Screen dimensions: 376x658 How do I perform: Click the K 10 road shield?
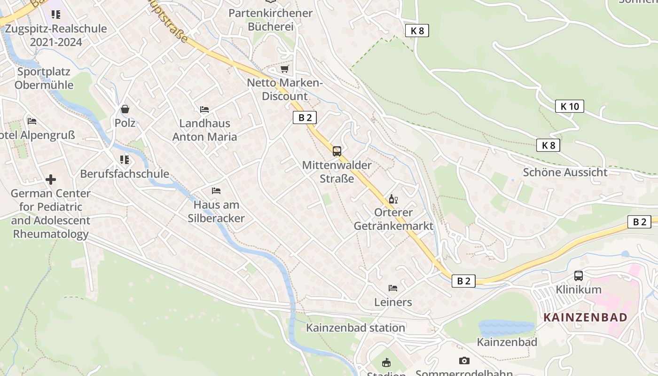[x=569, y=106]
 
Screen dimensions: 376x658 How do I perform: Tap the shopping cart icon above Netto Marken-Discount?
[x=284, y=69]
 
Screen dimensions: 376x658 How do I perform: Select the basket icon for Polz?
[x=125, y=109]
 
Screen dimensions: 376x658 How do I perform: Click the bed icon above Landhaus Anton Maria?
[x=204, y=110]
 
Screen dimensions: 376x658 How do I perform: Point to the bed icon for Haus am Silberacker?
[x=216, y=191]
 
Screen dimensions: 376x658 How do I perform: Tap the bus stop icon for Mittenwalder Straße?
[x=337, y=151]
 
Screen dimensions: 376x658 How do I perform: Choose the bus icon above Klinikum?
[x=579, y=276]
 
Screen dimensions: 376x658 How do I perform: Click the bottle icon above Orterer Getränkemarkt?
[x=393, y=199]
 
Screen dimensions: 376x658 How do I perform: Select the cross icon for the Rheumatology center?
[x=51, y=180]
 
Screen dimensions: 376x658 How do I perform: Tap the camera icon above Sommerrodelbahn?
[x=464, y=360]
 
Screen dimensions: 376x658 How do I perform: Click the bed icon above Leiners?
[x=393, y=288]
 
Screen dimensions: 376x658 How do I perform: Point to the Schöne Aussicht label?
[x=565, y=172]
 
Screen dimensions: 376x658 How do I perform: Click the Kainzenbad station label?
[x=355, y=328]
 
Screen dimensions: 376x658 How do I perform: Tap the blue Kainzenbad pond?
[x=506, y=327]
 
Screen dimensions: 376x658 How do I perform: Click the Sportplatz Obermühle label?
[x=44, y=78]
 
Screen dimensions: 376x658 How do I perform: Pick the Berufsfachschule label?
[x=125, y=173]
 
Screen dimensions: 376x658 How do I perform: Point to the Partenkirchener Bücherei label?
[x=270, y=20]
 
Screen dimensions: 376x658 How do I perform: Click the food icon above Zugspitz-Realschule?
[x=56, y=14]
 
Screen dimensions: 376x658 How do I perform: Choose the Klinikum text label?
[x=579, y=289]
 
